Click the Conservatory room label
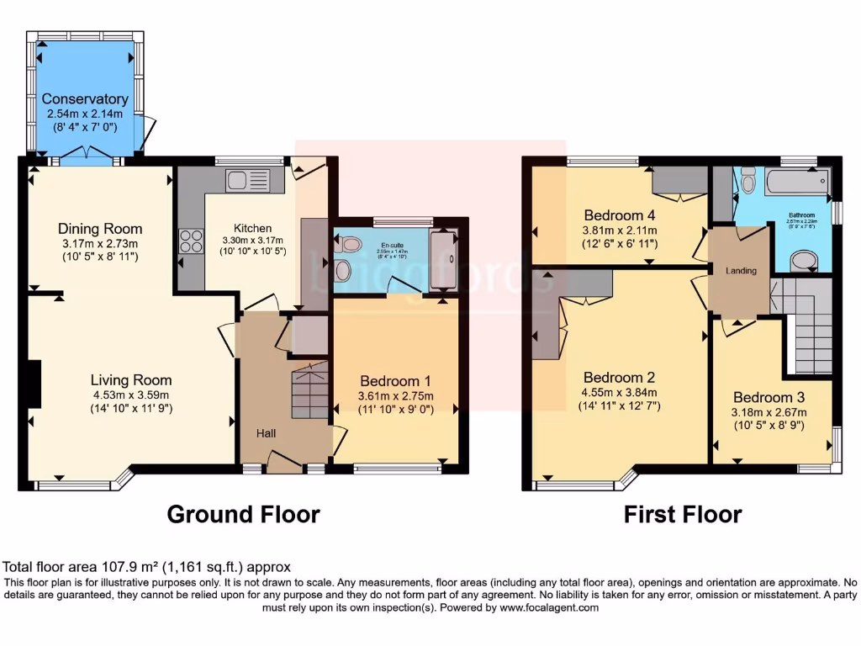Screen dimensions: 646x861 (85, 99)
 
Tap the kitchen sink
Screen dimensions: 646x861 (247, 179)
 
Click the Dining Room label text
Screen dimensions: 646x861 (100, 229)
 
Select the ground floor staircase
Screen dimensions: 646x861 (308, 391)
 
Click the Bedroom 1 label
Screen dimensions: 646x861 (395, 380)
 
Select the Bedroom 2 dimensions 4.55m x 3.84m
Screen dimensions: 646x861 (620, 393)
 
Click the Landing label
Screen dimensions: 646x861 (741, 271)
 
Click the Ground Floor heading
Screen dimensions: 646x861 (243, 514)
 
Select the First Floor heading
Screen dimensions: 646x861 (683, 514)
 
